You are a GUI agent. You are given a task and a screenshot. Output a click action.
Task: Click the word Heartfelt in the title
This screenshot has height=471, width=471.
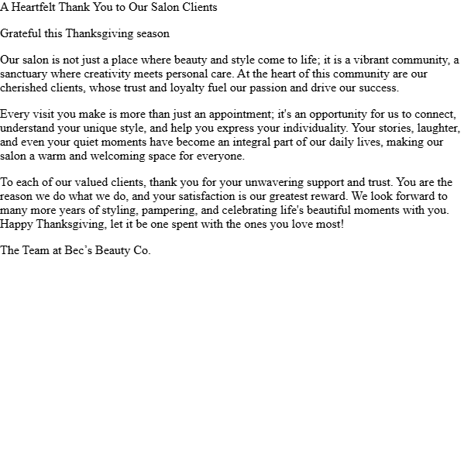click(x=35, y=8)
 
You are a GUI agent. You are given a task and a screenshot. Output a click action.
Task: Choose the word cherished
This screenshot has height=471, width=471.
click(x=25, y=88)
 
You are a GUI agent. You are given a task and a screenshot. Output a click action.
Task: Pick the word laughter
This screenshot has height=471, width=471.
click(x=438, y=129)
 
